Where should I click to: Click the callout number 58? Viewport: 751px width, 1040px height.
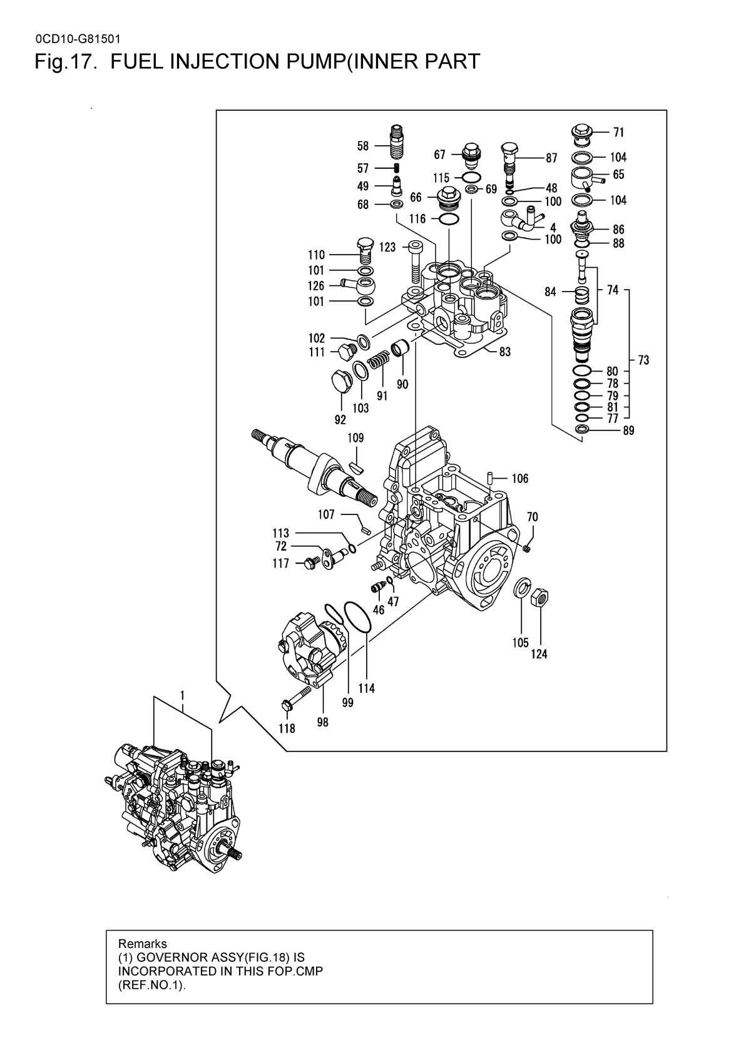point(363,146)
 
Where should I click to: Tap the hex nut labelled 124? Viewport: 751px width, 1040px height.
point(539,597)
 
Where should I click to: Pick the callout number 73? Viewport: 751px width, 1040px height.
point(643,360)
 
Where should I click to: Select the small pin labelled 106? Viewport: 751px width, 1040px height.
point(490,477)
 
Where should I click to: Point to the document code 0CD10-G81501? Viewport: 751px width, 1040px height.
point(78,39)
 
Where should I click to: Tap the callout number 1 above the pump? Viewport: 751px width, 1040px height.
point(183,695)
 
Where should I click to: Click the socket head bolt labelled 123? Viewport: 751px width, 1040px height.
point(416,263)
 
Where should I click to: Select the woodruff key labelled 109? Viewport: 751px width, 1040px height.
point(357,467)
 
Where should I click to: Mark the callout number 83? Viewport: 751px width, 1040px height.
point(505,352)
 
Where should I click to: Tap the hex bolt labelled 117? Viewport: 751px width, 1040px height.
point(310,563)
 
